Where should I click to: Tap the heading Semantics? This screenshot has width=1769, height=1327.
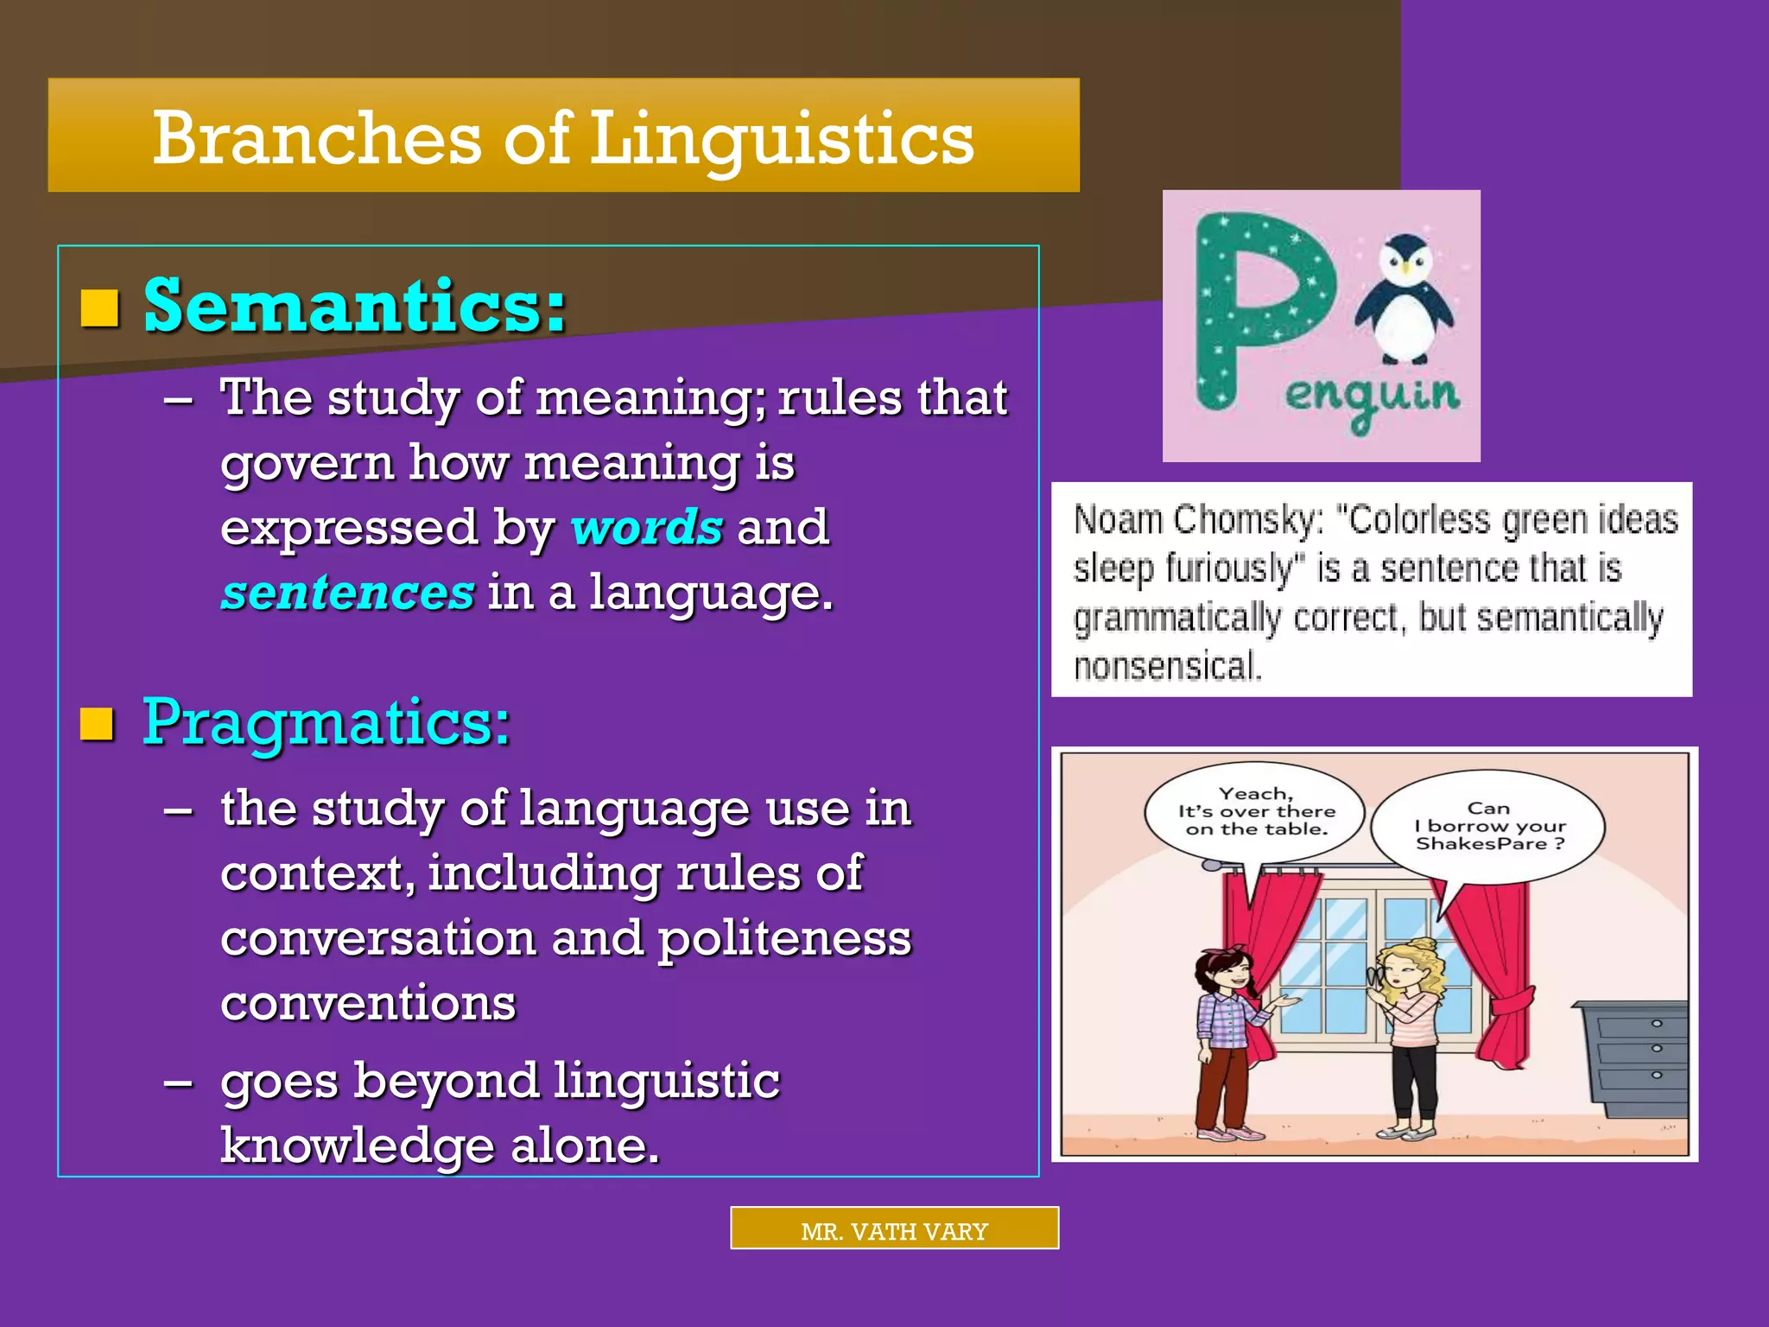355,307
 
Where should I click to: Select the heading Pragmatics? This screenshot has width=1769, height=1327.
327,722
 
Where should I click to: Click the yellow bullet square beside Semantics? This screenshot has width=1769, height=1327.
99,308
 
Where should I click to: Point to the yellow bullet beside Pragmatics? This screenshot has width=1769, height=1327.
97,724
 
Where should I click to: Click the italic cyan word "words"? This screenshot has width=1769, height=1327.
646,527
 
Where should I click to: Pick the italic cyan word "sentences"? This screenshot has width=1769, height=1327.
347,593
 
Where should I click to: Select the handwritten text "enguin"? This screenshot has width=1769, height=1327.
1372,397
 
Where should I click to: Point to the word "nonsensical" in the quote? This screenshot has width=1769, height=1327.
1167,667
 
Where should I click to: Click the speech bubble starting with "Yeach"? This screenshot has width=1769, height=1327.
1255,812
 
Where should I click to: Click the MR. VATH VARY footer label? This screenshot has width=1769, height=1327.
894,1230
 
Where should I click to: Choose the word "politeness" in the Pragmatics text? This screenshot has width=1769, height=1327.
784,939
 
